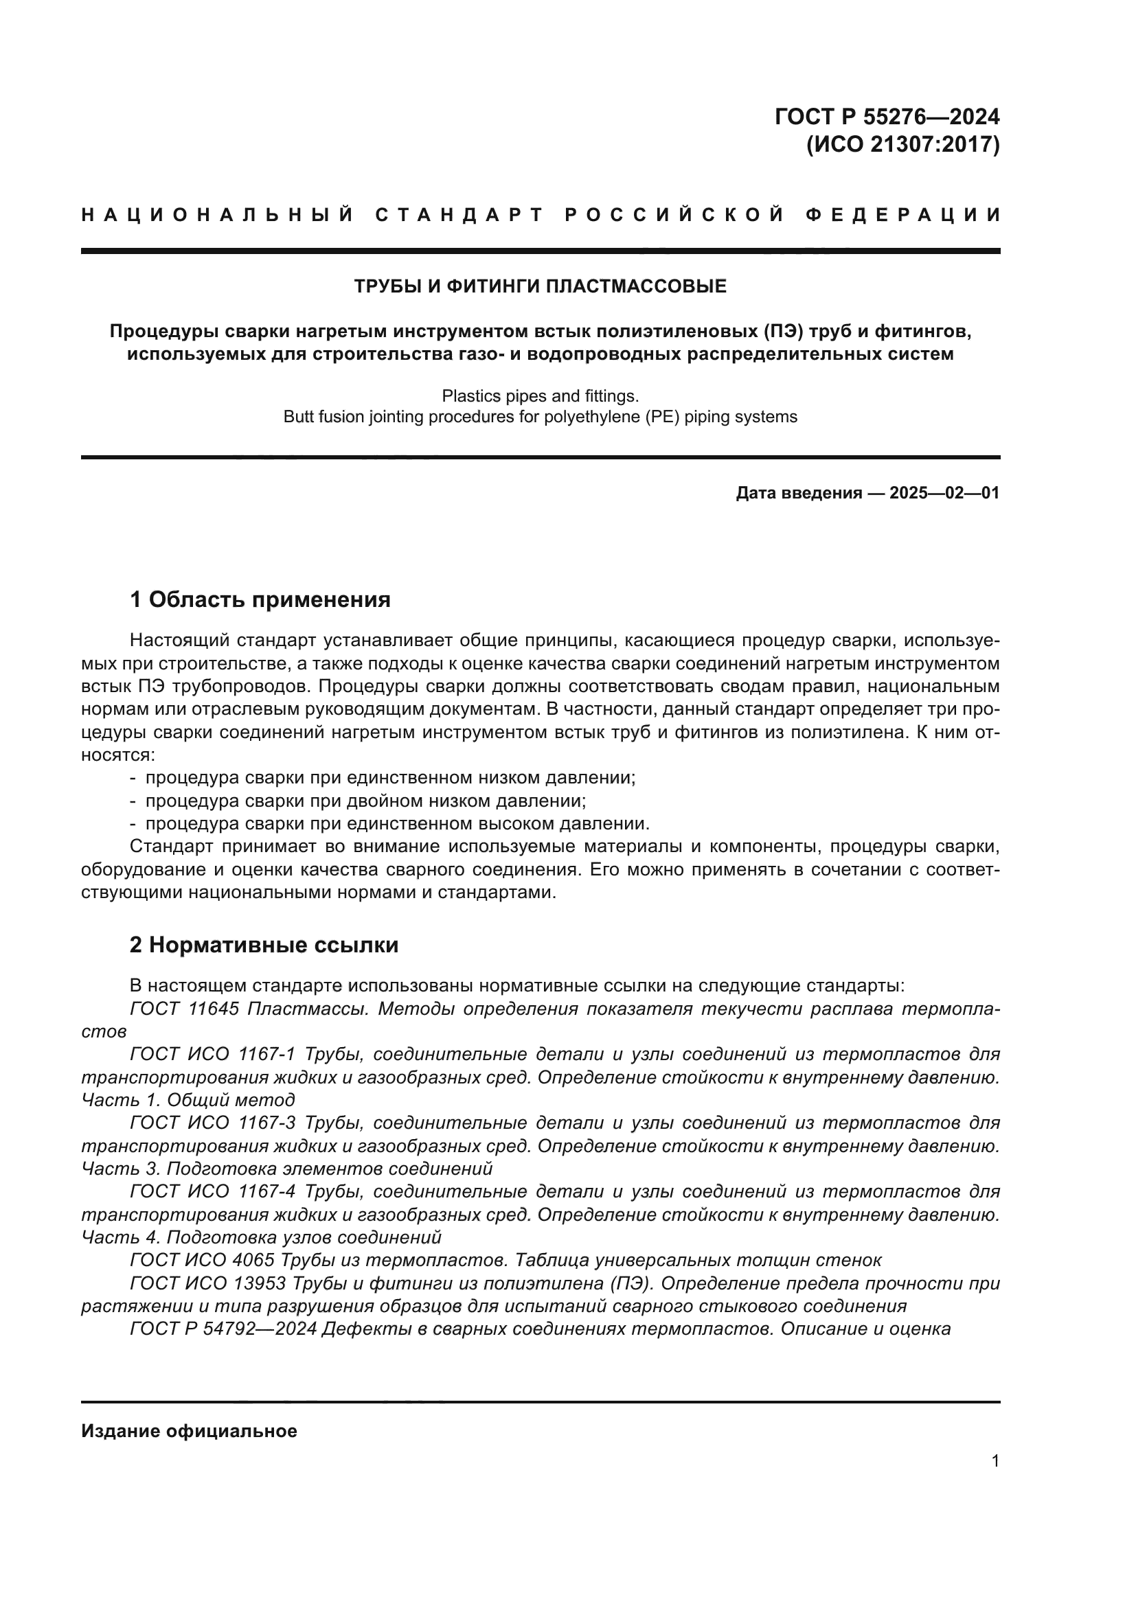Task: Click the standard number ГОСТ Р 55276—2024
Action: pyautogui.click(x=886, y=116)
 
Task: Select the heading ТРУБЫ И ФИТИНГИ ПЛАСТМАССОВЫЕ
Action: pyautogui.click(x=540, y=286)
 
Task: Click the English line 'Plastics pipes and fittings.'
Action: pyautogui.click(x=540, y=396)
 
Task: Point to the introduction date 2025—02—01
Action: pyautogui.click(x=944, y=493)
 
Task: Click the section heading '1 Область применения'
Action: pyautogui.click(x=260, y=599)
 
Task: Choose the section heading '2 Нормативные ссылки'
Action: pyautogui.click(x=264, y=945)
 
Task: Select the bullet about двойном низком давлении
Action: pyautogui.click(x=365, y=800)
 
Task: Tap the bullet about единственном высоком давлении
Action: pyautogui.click(x=397, y=823)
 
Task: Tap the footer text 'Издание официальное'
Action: pyautogui.click(x=189, y=1431)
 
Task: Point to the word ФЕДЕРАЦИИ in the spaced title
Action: pyautogui.click(x=902, y=215)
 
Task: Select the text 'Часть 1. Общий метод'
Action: pyautogui.click(x=188, y=1100)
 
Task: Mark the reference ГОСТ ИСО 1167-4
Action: pyautogui.click(x=213, y=1191)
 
